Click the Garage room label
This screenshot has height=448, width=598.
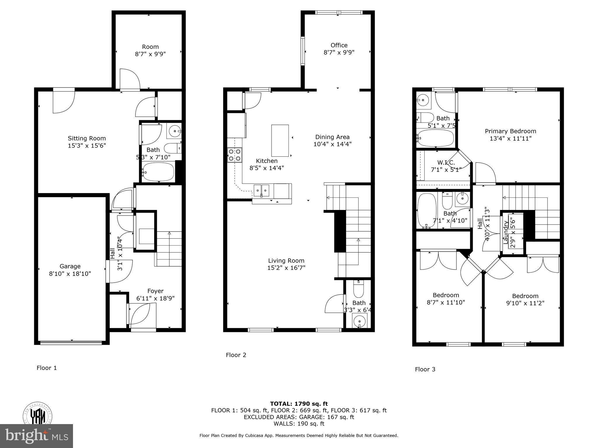tap(70, 266)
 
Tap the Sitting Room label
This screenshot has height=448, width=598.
tap(87, 139)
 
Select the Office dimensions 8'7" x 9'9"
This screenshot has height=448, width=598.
tap(339, 52)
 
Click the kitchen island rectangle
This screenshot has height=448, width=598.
tap(280, 141)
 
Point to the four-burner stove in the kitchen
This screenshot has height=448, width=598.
tap(234, 155)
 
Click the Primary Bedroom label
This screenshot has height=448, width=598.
tap(510, 131)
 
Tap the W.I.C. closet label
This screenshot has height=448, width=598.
tap(446, 162)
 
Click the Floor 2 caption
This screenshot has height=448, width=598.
tap(236, 355)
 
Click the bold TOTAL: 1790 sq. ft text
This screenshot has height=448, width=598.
tap(299, 404)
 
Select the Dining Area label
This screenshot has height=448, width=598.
tap(332, 137)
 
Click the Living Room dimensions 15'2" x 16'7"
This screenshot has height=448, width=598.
tap(286, 268)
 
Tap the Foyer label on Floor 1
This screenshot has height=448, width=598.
tap(155, 291)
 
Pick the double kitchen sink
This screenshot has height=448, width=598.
tap(261, 191)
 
